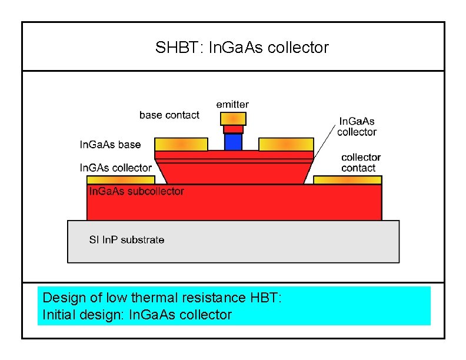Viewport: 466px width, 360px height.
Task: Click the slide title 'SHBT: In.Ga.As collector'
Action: tap(242, 48)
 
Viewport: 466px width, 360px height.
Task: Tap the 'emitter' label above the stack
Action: tap(232, 105)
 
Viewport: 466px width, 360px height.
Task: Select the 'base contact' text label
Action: tap(169, 115)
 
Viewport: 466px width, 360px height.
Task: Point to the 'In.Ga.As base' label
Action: tap(110, 144)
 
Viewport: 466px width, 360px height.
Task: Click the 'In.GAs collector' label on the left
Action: tap(115, 168)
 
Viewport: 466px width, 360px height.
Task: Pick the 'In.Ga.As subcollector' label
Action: tap(136, 191)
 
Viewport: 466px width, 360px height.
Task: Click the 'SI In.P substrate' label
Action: tap(127, 239)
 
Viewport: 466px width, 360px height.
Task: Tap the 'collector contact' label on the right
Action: tap(361, 162)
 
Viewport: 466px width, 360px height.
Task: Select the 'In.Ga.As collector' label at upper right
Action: tap(357, 126)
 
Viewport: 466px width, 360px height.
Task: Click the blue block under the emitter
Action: tap(233, 142)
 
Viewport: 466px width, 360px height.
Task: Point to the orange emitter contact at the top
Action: tap(233, 119)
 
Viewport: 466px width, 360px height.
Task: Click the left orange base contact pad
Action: tap(181, 144)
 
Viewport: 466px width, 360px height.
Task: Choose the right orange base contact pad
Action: tap(286, 144)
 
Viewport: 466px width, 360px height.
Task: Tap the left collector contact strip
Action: tap(120, 180)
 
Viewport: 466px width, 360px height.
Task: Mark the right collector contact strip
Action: tap(347, 180)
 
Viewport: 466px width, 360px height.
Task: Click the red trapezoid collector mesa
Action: tap(233, 172)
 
